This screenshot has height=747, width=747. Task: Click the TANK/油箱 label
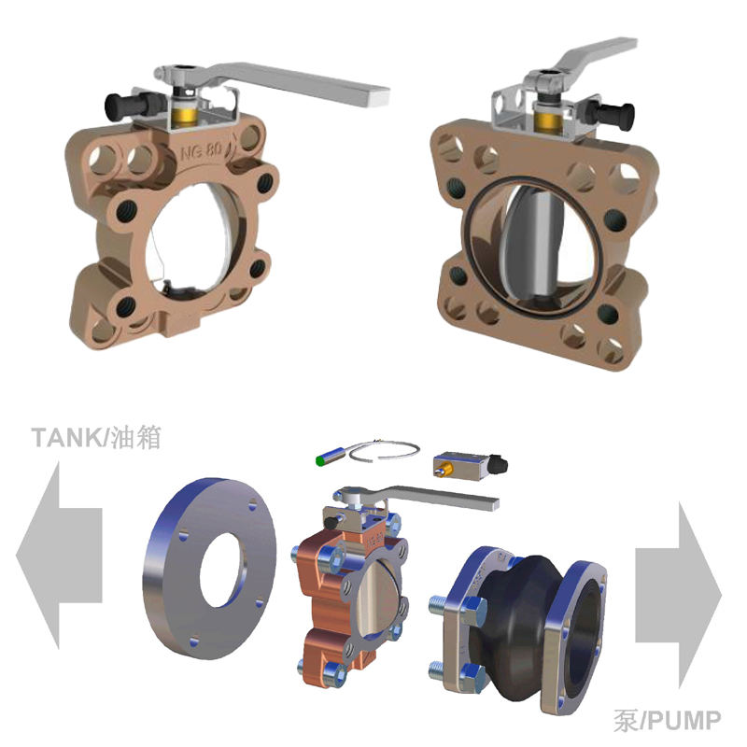pyautogui.click(x=97, y=437)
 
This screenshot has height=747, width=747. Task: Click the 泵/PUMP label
pyautogui.click(x=668, y=720)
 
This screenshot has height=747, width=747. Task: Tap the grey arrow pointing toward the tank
pyautogui.click(x=60, y=556)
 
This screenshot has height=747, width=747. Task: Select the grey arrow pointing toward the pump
pyautogui.click(x=679, y=595)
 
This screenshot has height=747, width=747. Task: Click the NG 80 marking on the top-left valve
pyautogui.click(x=202, y=151)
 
